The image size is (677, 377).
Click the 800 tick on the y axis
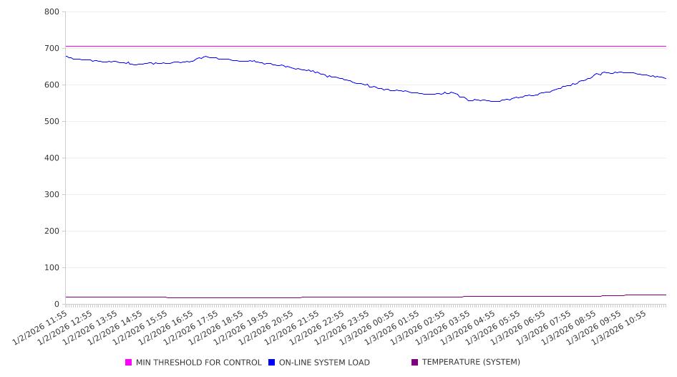51,12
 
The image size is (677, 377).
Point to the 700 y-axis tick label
51,49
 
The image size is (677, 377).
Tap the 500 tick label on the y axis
51,122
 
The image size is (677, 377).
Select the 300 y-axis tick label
51,195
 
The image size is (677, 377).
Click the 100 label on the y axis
51,268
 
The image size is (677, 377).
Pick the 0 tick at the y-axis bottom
57,305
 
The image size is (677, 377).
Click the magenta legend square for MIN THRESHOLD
129,363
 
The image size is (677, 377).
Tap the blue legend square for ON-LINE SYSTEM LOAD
272,363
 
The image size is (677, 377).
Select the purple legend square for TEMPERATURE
415,363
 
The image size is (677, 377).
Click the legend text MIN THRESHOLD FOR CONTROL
198,363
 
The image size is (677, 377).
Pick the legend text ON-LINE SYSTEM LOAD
324,363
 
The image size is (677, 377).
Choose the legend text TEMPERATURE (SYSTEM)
471,363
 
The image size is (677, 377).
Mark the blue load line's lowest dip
494,101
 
